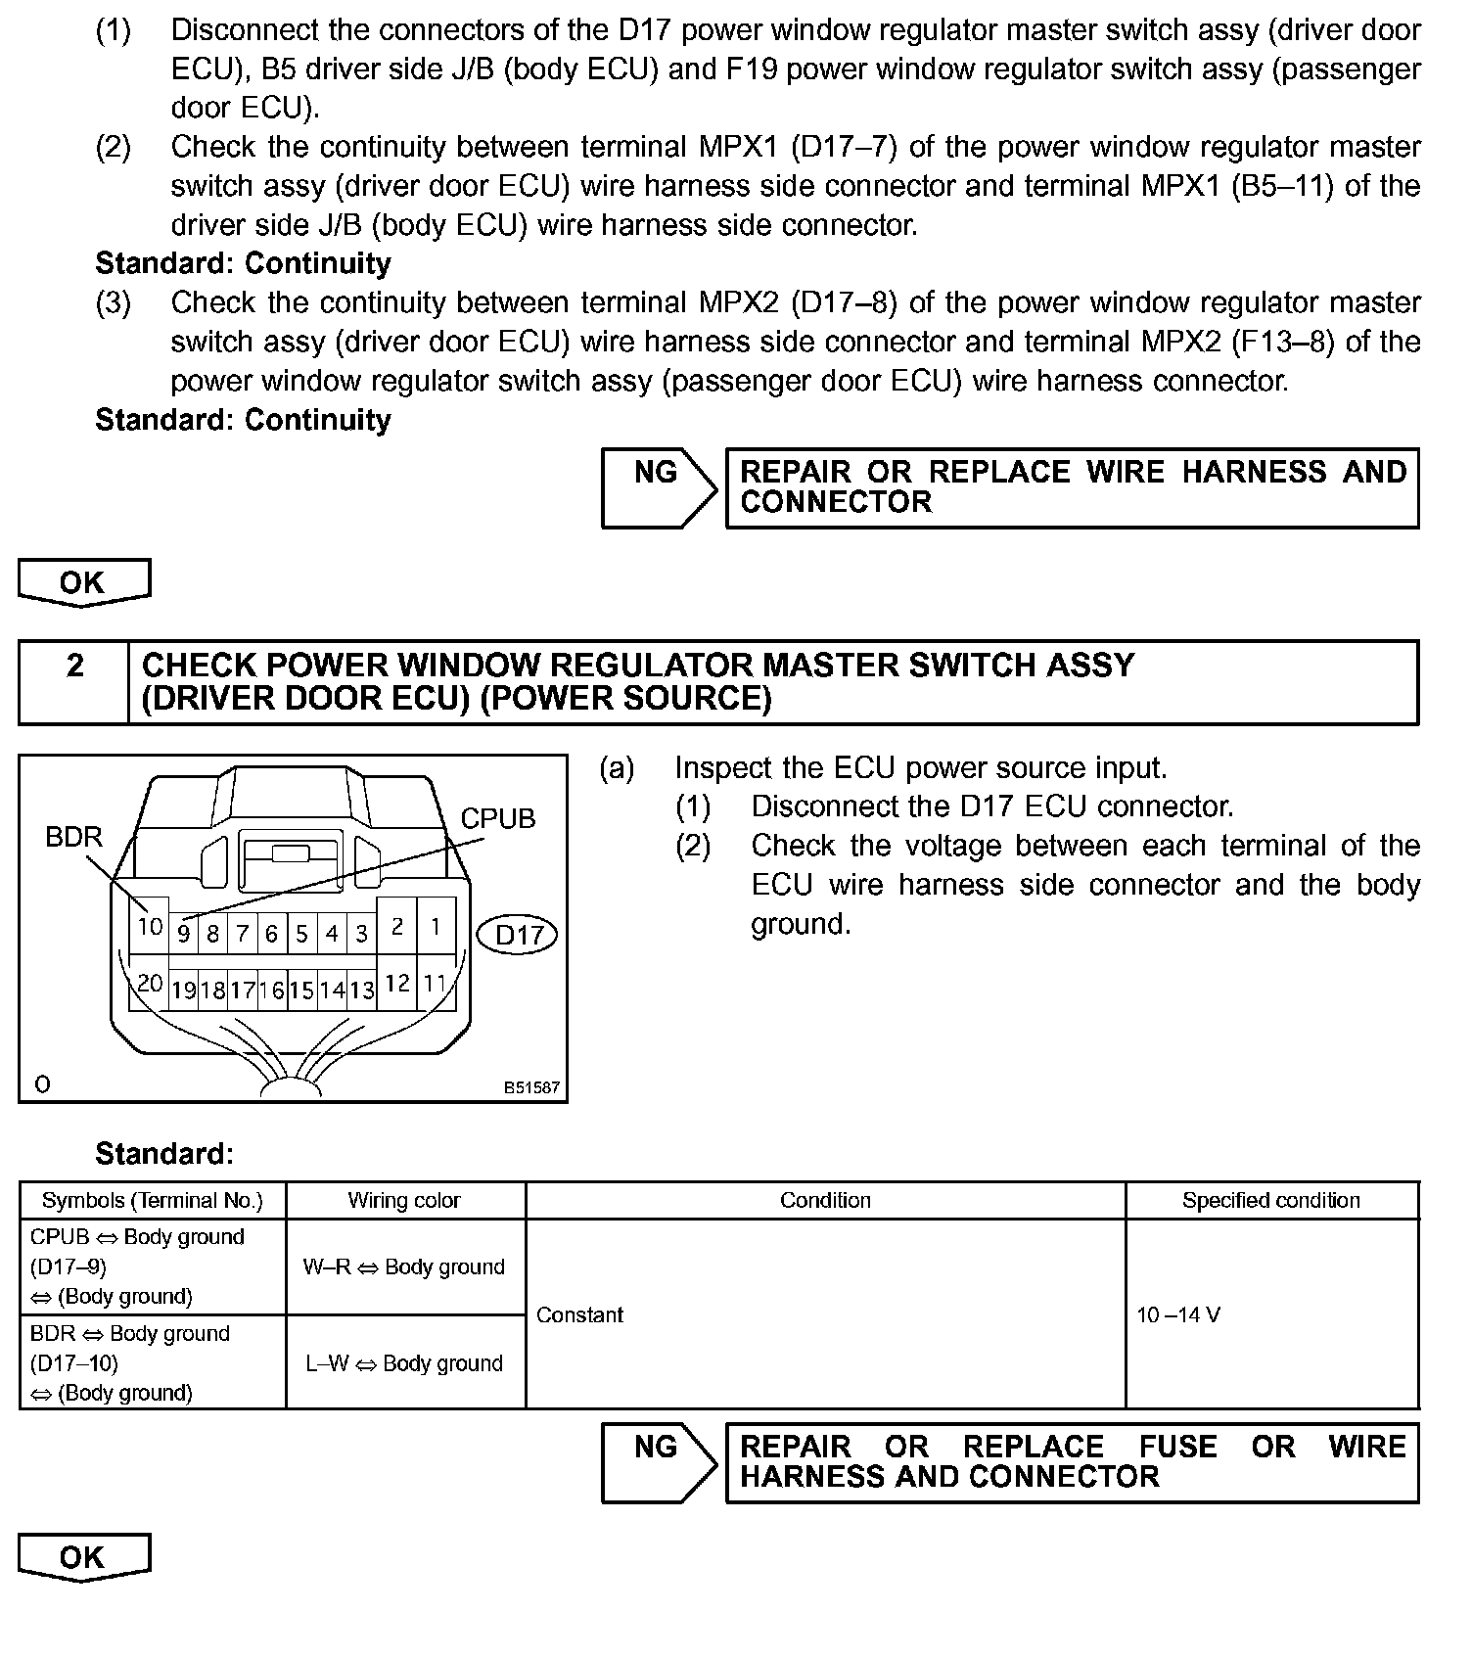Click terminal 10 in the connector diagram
click(x=150, y=926)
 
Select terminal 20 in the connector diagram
click(x=150, y=983)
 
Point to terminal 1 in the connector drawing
click(x=436, y=926)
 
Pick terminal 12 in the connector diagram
click(x=396, y=983)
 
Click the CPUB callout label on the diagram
click(x=498, y=818)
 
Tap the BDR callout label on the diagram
click(x=73, y=837)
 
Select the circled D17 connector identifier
click(x=518, y=935)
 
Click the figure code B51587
click(x=531, y=1087)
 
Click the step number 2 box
click(x=74, y=682)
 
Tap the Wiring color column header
click(x=404, y=1200)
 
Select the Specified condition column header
click(x=1270, y=1200)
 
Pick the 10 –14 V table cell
click(x=1178, y=1314)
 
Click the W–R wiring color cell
click(x=404, y=1267)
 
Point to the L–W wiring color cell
click(x=404, y=1363)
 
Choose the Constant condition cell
click(x=580, y=1314)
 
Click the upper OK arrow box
click(x=83, y=582)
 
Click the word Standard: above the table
click(x=164, y=1154)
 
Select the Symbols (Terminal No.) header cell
click(x=153, y=1200)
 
